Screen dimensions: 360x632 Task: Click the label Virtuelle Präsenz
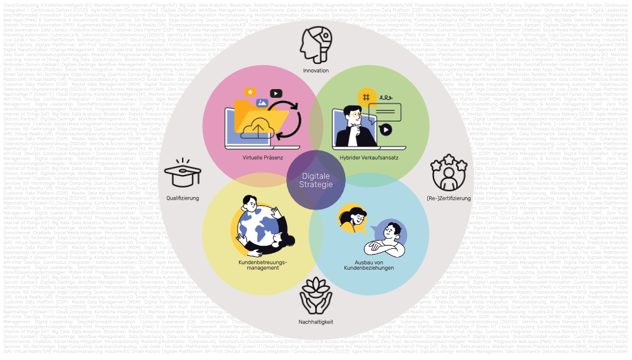tap(263, 157)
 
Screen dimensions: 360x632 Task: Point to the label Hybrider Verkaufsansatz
tap(368, 157)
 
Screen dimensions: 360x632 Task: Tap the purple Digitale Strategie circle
tap(316, 179)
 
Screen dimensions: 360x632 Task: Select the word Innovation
tap(316, 71)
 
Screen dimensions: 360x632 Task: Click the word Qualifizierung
tap(183, 198)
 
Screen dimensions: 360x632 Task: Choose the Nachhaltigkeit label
tap(316, 322)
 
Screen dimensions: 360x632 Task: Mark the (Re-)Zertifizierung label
tap(449, 198)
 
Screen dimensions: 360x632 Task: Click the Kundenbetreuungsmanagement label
tap(263, 265)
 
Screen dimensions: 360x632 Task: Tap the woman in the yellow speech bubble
tap(349, 217)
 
